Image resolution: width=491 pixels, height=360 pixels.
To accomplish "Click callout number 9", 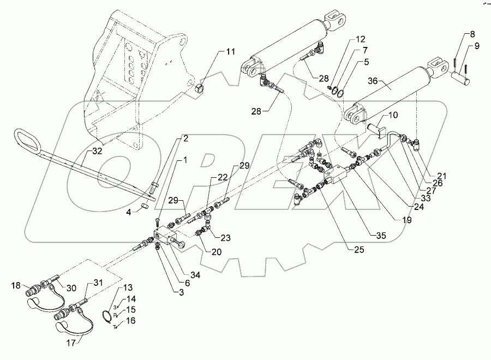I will click(477, 46).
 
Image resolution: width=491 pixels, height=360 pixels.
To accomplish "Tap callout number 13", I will click(128, 287).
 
